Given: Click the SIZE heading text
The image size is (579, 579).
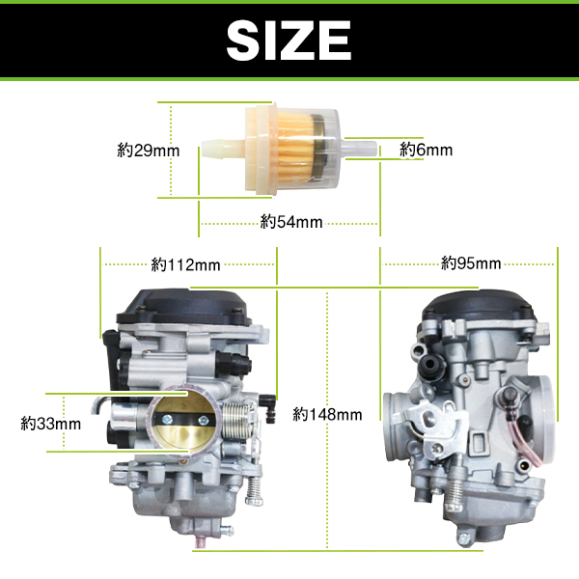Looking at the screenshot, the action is click(289, 40).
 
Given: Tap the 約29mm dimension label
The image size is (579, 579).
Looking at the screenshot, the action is click(149, 151).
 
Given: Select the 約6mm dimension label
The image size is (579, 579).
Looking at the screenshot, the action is click(426, 150).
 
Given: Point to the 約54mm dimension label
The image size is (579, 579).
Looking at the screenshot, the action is click(291, 222).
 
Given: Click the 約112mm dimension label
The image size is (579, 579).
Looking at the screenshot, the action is click(185, 264).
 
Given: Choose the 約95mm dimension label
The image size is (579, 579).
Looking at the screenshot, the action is click(471, 263).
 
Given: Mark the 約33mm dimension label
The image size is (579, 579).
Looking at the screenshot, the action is click(50, 424).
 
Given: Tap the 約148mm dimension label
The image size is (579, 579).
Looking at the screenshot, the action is click(327, 414).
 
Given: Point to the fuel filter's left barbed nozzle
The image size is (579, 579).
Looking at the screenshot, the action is click(222, 149).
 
